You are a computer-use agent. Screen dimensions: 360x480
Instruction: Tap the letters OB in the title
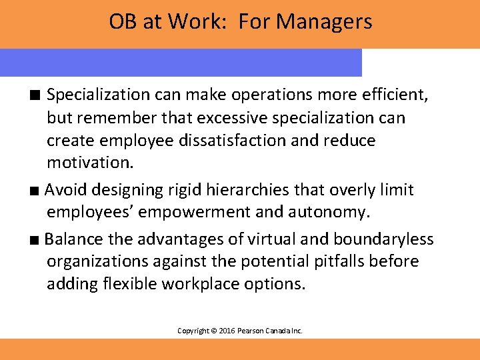122,22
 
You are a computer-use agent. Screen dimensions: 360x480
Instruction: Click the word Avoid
66,190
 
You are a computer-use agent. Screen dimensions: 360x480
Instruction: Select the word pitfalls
321,261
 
